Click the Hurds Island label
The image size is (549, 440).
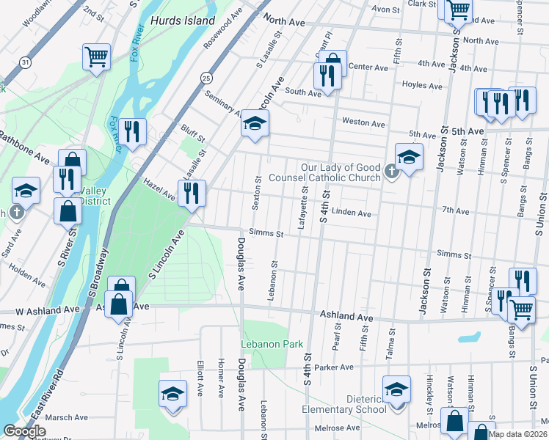tap(183, 21)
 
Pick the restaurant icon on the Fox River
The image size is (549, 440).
tap(132, 131)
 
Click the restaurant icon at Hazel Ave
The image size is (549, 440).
tap(192, 193)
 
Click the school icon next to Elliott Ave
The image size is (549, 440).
tap(172, 393)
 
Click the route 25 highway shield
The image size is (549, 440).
tap(206, 76)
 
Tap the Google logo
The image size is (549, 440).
tap(25, 431)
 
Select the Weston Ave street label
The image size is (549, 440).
tap(363, 124)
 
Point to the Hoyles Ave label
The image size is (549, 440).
tap(423, 85)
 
